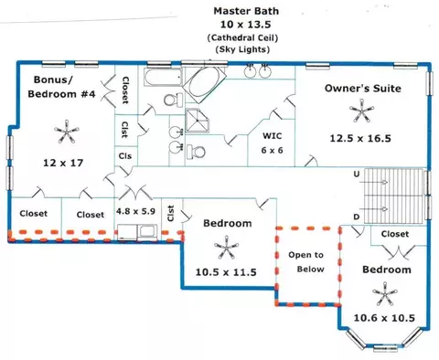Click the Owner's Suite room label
pos(362,89)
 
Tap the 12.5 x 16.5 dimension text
pos(360,138)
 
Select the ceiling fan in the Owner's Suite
pos(361,111)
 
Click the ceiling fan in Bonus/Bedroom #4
pos(67,132)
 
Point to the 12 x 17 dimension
pos(63,163)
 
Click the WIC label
pos(273,135)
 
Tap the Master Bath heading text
pos(246,11)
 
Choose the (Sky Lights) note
pos(242,49)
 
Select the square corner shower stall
pos(198,121)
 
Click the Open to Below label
pos(306,262)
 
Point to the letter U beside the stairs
pos(357,175)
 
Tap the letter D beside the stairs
pos(357,217)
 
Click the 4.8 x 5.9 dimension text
pos(135,211)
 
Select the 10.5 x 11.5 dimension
pos(226,272)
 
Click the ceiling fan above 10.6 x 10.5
pos(385,294)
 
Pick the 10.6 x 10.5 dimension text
pos(384,318)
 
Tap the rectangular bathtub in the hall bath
pos(163,77)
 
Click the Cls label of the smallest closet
pos(125,156)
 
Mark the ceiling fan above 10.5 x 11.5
pos(226,248)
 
